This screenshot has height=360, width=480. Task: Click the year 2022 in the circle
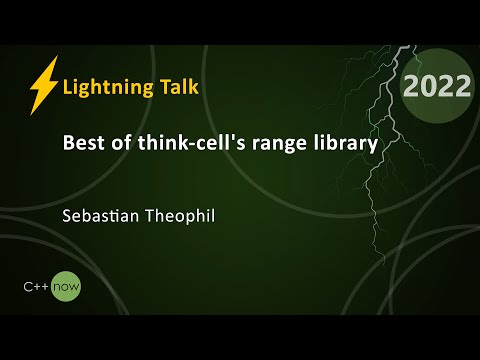coord(436,87)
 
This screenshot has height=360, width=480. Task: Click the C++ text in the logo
coord(37,286)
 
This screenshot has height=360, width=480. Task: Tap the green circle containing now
coord(67,286)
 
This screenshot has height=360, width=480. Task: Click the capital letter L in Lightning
coord(67,86)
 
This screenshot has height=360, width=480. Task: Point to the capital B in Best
coord(67,144)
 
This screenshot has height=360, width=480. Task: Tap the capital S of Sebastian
coord(66,214)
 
